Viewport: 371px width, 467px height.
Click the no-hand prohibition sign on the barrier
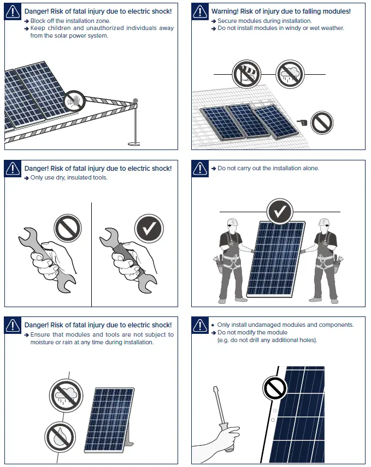coord(74,101)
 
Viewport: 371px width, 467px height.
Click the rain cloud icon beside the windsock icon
coord(288,74)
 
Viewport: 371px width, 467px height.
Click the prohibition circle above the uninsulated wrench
coord(68,227)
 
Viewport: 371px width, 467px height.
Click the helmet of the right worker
coord(325,222)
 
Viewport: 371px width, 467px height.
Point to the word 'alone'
coord(310,169)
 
